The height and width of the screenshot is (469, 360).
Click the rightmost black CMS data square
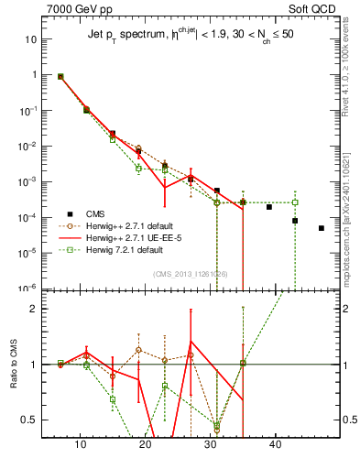(322, 228)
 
